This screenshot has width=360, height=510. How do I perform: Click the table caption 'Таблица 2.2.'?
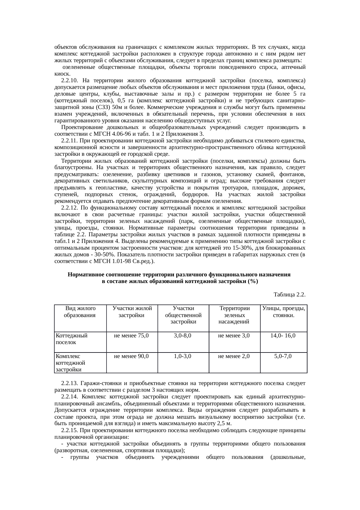[x=289, y=295]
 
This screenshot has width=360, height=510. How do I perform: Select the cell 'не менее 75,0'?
[x=132, y=336]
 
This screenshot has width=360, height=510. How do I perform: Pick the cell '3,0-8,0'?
[x=183, y=336]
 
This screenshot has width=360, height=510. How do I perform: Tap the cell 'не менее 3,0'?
[x=234, y=336]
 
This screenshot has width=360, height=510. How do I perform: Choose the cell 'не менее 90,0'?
[x=132, y=356]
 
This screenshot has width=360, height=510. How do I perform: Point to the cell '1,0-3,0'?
[x=183, y=356]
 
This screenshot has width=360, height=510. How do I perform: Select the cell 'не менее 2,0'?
[x=234, y=356]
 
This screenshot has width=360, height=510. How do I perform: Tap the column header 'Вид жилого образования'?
[x=80, y=312]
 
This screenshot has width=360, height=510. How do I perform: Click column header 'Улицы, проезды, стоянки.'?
[x=283, y=312]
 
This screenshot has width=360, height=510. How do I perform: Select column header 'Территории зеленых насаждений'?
[x=234, y=315]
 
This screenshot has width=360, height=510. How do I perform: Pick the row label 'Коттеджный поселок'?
[x=71, y=339]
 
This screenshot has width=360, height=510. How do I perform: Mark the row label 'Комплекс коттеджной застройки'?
[x=70, y=363]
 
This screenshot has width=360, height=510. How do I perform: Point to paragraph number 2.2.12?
[x=69, y=208]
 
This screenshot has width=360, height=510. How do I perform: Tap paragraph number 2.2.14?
[x=69, y=397]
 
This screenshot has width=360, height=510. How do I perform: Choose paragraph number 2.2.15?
[x=69, y=430]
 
